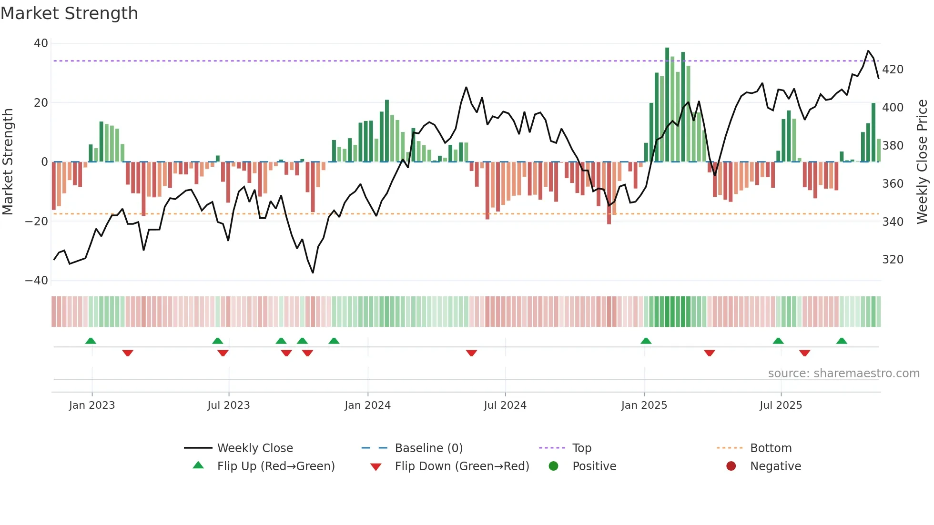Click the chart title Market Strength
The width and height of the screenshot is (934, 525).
69,13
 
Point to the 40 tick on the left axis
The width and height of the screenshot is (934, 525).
41,43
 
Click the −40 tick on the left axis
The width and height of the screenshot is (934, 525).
37,281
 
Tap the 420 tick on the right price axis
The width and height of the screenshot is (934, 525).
893,70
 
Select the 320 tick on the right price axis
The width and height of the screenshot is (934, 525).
893,260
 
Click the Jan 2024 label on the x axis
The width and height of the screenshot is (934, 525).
367,405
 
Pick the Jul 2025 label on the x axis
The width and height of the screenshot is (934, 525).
781,405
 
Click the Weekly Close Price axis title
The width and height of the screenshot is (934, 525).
922,162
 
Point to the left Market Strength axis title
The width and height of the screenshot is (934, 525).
8,162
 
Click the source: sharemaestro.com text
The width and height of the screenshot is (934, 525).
843,374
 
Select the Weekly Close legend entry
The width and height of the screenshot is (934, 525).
255,448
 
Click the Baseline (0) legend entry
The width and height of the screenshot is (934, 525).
428,448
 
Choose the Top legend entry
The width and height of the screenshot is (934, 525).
581,448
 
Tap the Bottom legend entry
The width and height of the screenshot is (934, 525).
771,448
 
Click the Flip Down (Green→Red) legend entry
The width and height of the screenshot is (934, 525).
462,466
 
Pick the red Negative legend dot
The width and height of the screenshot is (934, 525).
731,466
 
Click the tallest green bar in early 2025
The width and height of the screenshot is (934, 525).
667,105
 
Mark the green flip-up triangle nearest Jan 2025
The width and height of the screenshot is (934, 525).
646,341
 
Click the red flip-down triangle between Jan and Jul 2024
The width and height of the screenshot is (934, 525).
471,353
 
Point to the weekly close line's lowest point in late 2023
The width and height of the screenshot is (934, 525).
313,273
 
